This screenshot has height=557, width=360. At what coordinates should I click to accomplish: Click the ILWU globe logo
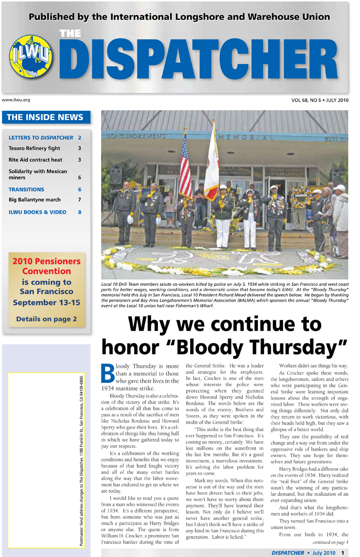(29, 60)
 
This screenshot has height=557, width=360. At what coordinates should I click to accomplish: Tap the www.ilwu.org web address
(16, 100)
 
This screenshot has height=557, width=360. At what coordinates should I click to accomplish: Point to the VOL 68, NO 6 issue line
(319, 101)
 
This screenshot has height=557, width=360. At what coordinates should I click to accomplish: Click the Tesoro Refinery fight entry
(34, 148)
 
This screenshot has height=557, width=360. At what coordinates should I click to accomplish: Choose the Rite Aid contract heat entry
(35, 160)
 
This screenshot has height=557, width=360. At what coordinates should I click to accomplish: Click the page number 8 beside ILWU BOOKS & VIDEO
(79, 212)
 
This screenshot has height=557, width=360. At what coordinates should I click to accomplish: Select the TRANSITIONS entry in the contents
(26, 189)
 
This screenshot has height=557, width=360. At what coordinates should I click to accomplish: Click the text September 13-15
(47, 302)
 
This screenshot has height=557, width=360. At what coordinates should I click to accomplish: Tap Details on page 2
(47, 319)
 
